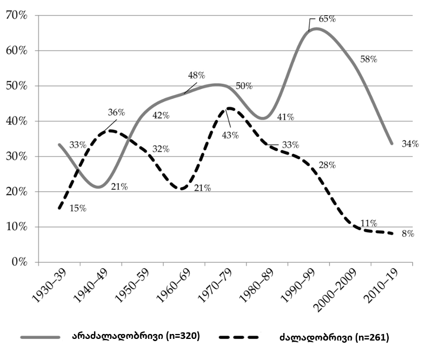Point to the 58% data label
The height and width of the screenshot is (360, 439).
(368, 59)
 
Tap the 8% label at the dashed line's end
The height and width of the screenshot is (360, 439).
(408, 234)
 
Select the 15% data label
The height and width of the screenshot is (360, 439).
(78, 209)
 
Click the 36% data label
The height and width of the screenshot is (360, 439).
(116, 113)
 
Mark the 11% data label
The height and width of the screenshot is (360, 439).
(369, 223)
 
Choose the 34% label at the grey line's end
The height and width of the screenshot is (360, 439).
(410, 144)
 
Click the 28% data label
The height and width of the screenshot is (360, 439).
(327, 165)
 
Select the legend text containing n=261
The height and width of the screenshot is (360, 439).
(334, 338)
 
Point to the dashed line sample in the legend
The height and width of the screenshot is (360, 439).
(240, 337)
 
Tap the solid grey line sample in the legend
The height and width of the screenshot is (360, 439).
(40, 337)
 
